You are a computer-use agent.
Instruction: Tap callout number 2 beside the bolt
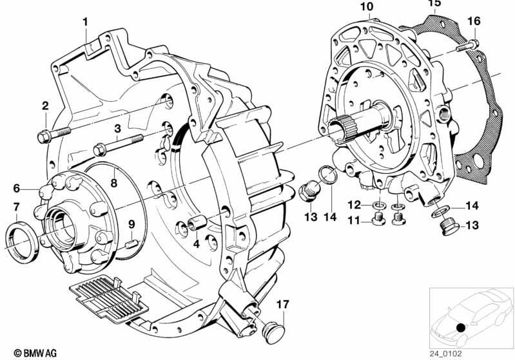tap(45, 106)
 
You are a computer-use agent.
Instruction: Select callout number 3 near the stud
tap(118, 129)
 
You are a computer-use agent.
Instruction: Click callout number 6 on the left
tap(17, 188)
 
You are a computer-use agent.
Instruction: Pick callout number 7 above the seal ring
tap(17, 207)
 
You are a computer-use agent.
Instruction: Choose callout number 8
tap(113, 182)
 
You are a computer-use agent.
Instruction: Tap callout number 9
tap(131, 224)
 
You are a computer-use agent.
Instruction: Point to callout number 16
tap(474, 22)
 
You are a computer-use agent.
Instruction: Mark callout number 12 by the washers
tap(355, 205)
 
